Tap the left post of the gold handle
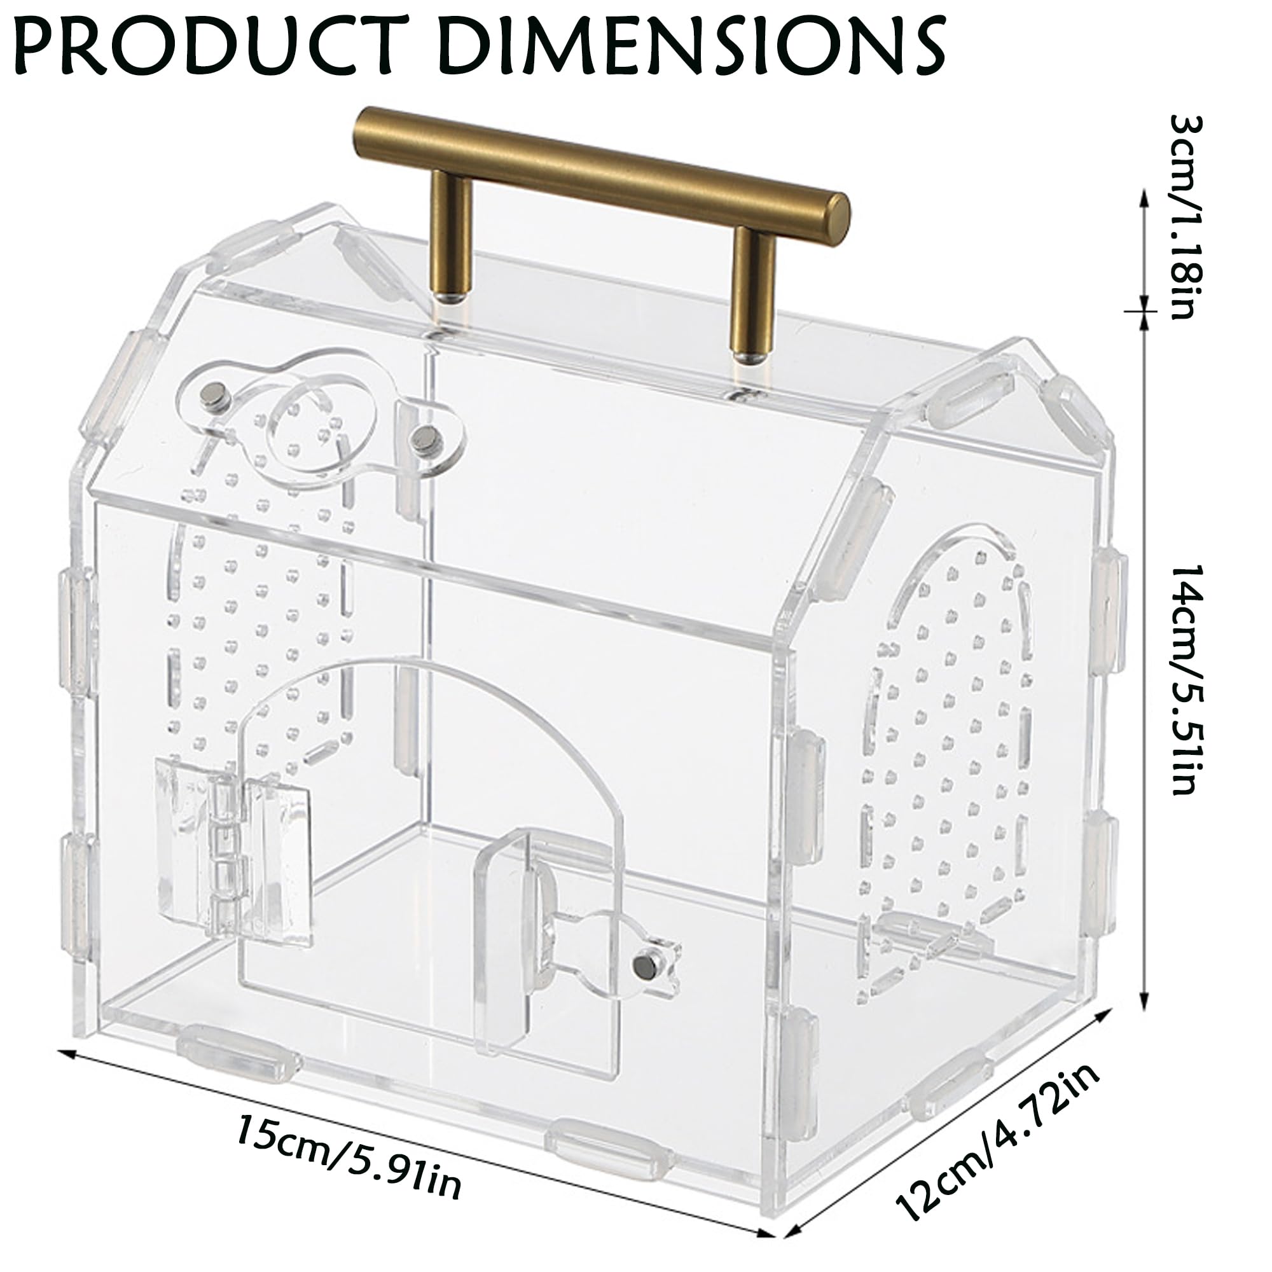coord(452,238)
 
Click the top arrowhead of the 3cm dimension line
coord(1143,195)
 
